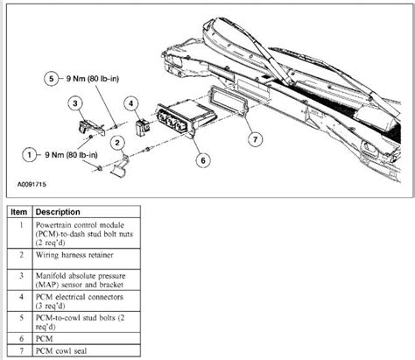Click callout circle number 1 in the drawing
click(31, 153)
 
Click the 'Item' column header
click(19, 212)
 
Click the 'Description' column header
click(60, 212)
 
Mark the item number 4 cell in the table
click(19, 304)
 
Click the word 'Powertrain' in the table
click(62, 224)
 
